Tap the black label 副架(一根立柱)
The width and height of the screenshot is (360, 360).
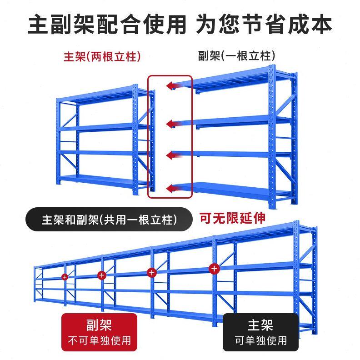(237, 56)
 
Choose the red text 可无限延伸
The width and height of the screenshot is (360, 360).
(232, 219)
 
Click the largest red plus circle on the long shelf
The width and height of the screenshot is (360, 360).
(214, 269)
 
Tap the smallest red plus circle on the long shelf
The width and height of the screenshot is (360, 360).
(65, 276)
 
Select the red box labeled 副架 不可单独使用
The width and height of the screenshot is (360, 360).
(99, 332)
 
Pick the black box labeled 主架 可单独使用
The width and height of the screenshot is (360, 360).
(260, 332)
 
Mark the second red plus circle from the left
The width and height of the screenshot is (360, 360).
(101, 275)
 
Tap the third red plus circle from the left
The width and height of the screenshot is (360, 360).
(152, 272)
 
